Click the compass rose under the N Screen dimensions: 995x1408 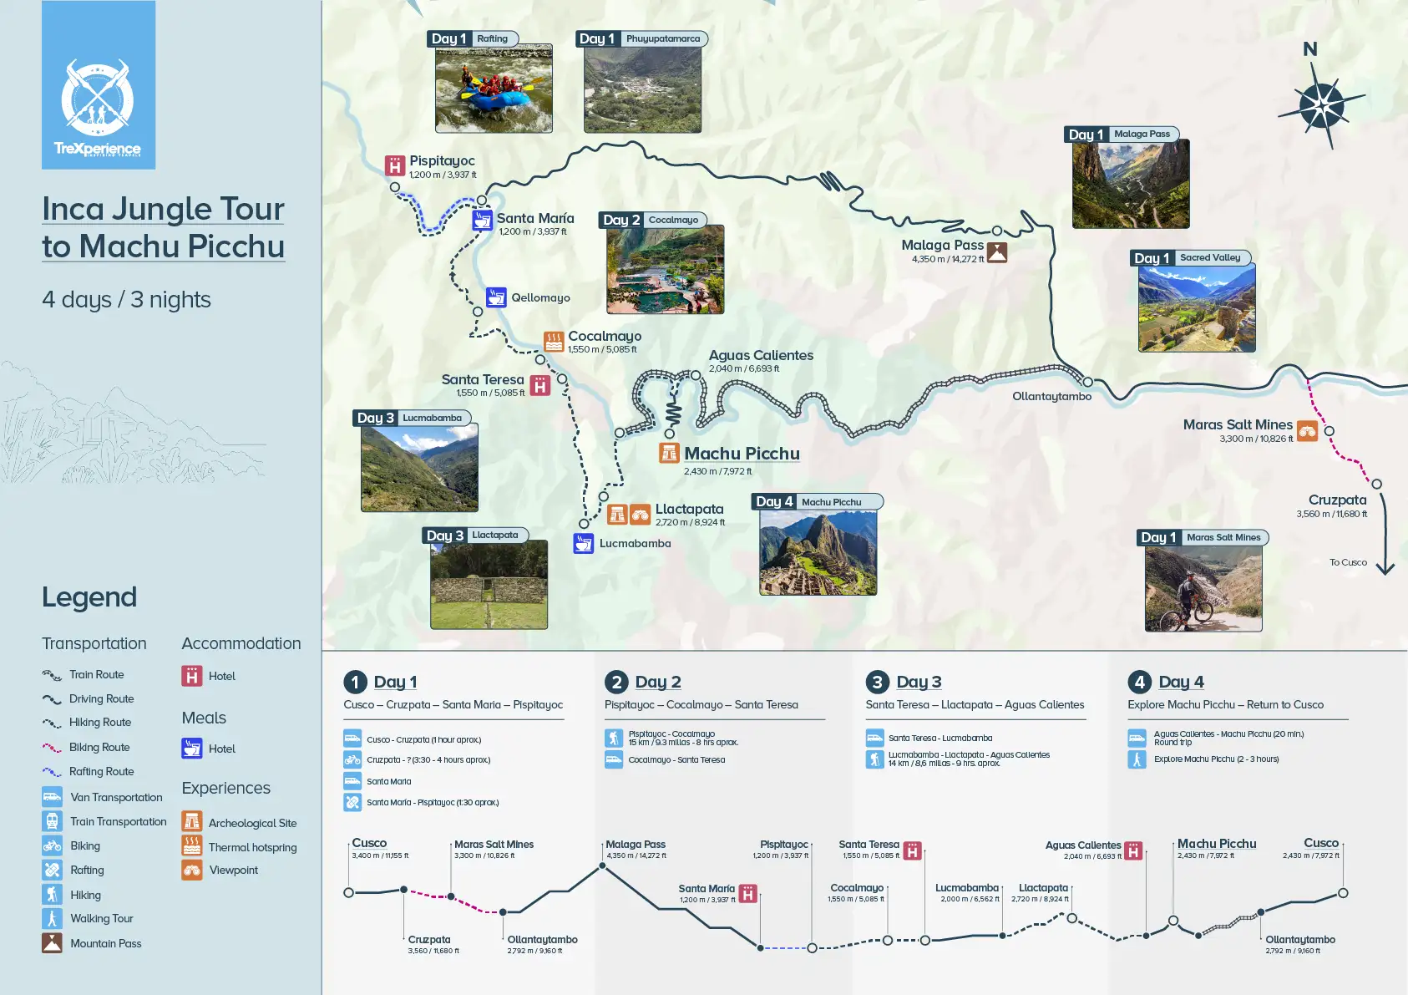coord(1322,107)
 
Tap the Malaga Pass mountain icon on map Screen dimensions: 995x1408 coord(997,252)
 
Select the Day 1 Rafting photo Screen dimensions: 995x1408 coord(494,89)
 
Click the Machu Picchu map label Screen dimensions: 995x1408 coord(742,454)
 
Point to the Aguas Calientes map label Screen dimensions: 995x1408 coord(761,356)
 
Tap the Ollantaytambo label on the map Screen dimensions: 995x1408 coord(1051,397)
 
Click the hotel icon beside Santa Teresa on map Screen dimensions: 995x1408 coord(540,386)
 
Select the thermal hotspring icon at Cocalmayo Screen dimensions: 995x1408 coord(554,341)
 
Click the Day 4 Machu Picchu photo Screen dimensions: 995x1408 coord(818,552)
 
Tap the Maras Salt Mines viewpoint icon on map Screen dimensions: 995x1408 coord(1307,431)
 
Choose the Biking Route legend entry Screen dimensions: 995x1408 coord(99,748)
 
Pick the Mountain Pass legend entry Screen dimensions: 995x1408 coord(105,943)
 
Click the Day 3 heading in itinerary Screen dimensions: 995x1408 coord(919,682)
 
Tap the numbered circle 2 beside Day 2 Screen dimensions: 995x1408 coord(616,682)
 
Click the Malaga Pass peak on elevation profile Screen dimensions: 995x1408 coord(602,866)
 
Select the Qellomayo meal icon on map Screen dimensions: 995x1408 coord(496,297)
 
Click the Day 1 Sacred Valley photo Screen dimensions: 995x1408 coord(1196,308)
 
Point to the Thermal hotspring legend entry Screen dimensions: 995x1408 coord(251,847)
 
